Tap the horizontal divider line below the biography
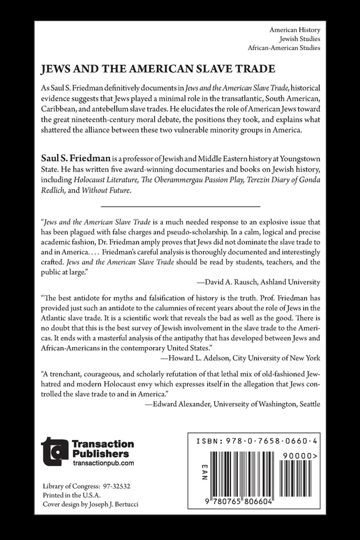pos(181,207)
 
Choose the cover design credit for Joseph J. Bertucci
pos(90,504)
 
